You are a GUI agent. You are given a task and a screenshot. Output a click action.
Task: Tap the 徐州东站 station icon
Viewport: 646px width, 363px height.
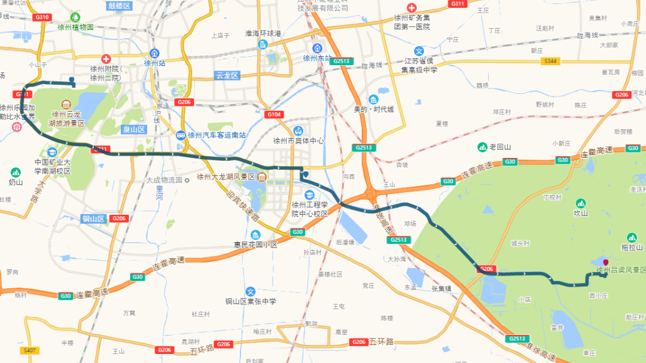pos(316,48)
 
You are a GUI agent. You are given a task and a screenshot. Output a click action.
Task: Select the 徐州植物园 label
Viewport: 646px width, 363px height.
pos(75,28)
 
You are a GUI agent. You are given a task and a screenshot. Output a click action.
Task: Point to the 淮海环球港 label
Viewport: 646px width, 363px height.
pos(263,33)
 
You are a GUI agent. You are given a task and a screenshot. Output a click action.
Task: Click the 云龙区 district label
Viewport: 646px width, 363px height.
pos(227,75)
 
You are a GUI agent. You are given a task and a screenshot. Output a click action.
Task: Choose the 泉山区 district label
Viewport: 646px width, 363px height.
pos(134,129)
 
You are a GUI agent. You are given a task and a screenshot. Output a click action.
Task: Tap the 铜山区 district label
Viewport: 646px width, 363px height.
pos(94,219)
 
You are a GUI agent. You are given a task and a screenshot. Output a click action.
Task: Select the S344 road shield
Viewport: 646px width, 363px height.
pos(550,61)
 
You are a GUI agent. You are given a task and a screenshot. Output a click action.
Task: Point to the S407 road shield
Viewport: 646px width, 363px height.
pos(28,350)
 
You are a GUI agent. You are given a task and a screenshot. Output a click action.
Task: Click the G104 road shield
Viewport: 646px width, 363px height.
pos(274,114)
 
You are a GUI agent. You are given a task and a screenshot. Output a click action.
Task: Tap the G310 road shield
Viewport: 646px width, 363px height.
pos(42,17)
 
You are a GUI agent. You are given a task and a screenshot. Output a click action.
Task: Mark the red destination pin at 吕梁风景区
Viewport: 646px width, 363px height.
pos(606,263)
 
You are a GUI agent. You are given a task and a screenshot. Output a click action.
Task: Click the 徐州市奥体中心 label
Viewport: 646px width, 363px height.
pos(298,141)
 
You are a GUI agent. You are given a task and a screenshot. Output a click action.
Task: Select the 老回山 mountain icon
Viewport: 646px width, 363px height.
pos(482,147)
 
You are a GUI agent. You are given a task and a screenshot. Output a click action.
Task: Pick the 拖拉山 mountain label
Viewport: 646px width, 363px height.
pos(631,248)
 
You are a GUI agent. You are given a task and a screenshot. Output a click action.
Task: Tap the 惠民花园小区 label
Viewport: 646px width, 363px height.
pos(255,245)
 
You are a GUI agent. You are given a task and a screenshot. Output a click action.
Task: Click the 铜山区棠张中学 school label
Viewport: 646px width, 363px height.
pos(251,301)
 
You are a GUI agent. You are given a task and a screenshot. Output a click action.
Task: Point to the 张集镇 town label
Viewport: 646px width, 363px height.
pos(442,288)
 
